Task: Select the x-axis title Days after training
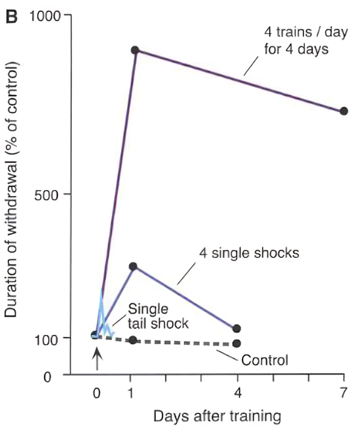pos(217,417)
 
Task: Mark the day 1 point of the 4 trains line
pos(135,50)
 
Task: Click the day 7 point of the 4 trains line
pos(344,111)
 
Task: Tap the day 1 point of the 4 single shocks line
pos(133,266)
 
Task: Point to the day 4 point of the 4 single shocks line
pos(237,329)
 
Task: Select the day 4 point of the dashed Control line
pos(237,343)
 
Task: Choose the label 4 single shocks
pos(249,253)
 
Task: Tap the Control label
pos(264,361)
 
